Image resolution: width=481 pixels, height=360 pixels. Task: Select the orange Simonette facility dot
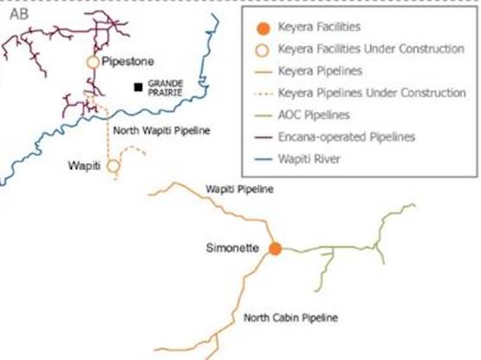pyautogui.click(x=275, y=248)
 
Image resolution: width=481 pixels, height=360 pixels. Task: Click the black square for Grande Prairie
pyautogui.click(x=139, y=88)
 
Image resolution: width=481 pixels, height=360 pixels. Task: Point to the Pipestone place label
pyautogui.click(x=127, y=62)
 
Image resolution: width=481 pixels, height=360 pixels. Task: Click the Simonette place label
pyautogui.click(x=232, y=248)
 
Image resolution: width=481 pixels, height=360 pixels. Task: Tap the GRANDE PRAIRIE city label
pyautogui.click(x=166, y=88)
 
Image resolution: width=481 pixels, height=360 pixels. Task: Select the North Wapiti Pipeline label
pyautogui.click(x=162, y=130)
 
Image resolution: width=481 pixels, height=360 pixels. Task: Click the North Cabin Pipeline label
pyautogui.click(x=291, y=317)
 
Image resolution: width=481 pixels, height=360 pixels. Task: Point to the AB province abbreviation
pyautogui.click(x=19, y=14)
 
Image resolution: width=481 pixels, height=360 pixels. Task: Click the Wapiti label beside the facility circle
pyautogui.click(x=84, y=166)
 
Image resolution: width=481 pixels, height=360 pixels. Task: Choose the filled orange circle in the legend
pyautogui.click(x=263, y=29)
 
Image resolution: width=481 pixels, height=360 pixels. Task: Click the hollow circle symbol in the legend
pyautogui.click(x=263, y=50)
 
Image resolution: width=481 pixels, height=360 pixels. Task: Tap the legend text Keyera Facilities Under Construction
pyautogui.click(x=371, y=49)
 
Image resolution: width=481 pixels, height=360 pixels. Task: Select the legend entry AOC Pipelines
pyautogui.click(x=314, y=115)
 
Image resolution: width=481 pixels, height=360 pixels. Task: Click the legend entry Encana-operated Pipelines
pyautogui.click(x=347, y=137)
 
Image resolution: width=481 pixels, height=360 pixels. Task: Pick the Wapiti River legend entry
pyautogui.click(x=309, y=159)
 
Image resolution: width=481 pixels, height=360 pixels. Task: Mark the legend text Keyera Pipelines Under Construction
pyautogui.click(x=372, y=93)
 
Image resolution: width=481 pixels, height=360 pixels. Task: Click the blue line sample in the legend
pyautogui.click(x=263, y=160)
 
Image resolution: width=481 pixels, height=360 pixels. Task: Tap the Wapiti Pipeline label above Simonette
pyautogui.click(x=239, y=189)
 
